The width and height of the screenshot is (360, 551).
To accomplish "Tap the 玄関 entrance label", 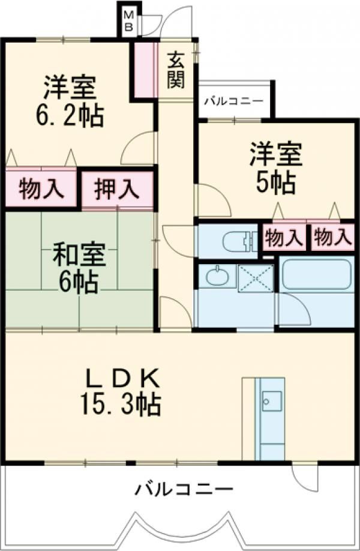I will tap(175, 70).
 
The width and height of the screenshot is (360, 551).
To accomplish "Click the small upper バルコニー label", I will tap(233, 100).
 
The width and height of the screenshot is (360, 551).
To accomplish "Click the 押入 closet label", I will tap(117, 190).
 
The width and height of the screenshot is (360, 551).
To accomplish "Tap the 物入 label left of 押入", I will tap(40, 190).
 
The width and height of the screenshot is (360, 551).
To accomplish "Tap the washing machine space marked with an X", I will tap(255, 277).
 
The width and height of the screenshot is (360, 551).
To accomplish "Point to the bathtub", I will tap(316, 274).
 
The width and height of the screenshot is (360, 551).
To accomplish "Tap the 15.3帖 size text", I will tap(119, 406).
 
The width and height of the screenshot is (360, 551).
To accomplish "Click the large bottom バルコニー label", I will tap(182, 489).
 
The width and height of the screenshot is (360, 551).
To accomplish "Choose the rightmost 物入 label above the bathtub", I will tap(331, 238).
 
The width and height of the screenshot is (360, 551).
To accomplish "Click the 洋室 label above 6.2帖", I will tap(70, 88).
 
